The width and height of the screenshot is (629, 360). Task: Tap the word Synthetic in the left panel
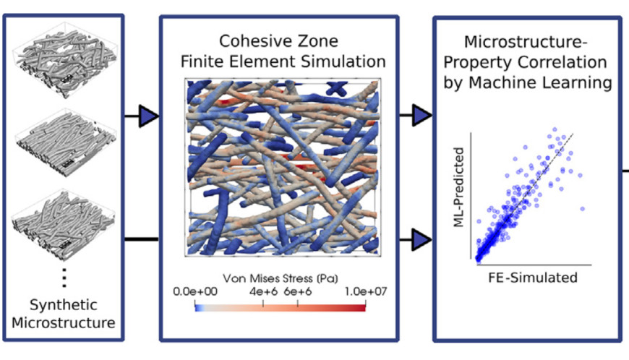coord(64,305)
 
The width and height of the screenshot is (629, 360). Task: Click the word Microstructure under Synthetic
coord(64,322)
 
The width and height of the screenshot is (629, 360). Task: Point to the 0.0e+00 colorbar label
coord(195,291)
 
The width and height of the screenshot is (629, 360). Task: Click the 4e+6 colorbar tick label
coord(263,291)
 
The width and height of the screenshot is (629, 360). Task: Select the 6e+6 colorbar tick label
coord(298,291)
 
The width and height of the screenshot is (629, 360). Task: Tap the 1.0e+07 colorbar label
coord(366,291)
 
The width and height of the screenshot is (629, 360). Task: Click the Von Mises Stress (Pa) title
coord(281,278)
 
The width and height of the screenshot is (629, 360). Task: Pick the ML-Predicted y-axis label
coord(458,187)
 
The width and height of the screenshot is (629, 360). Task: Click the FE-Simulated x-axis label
coord(533,278)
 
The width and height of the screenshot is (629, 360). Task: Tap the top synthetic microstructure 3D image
coord(64,60)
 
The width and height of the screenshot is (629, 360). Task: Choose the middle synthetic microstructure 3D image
coord(66,142)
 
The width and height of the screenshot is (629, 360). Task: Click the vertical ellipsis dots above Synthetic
coord(64,278)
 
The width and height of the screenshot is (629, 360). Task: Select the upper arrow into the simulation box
coord(142,116)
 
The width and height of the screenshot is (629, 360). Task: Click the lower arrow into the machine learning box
coord(416,240)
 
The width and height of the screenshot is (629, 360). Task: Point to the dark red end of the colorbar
coord(363,308)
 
